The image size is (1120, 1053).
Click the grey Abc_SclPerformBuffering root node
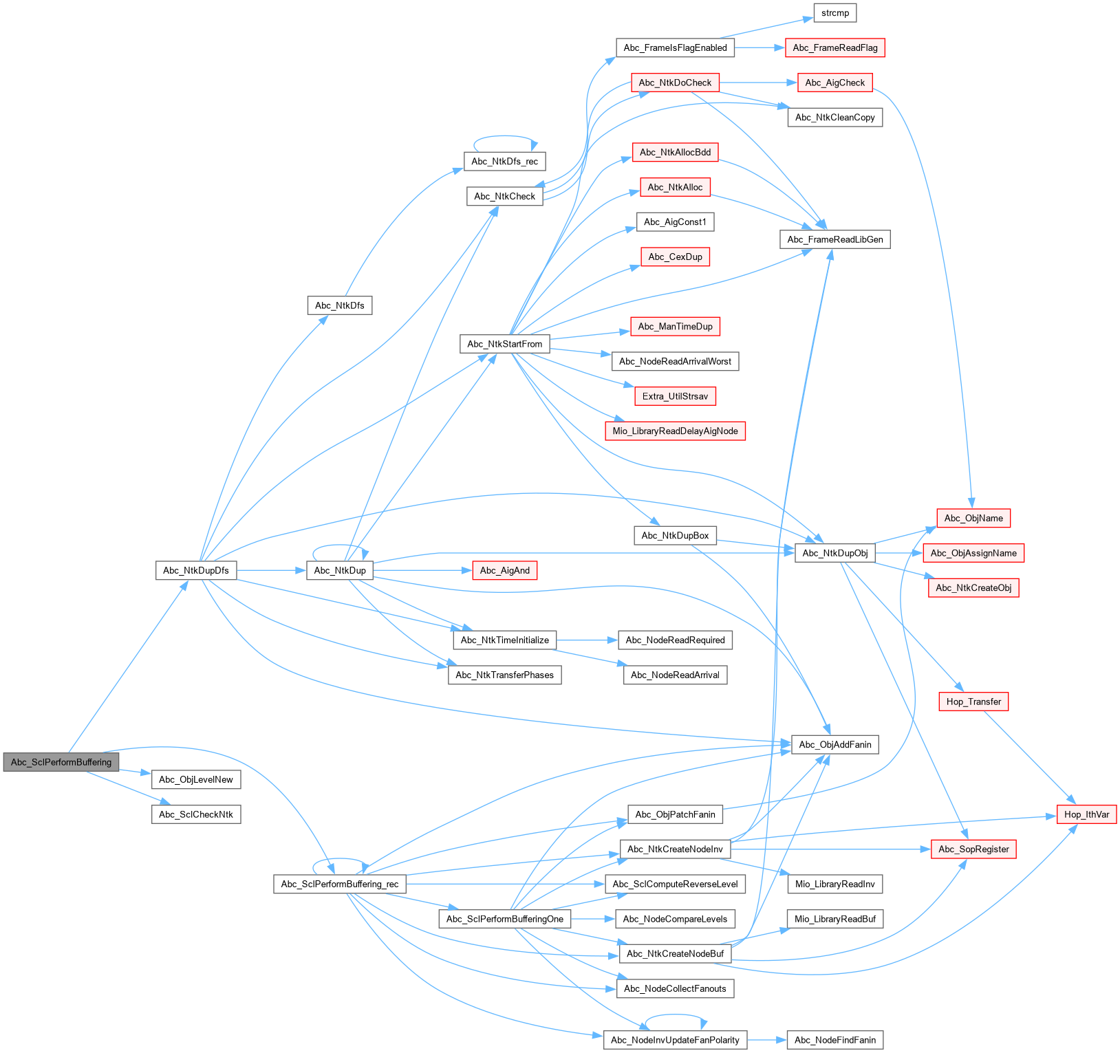click(x=61, y=762)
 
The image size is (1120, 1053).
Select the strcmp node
click(x=834, y=13)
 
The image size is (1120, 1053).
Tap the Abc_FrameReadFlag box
click(x=834, y=47)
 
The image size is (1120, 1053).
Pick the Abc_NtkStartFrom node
click(x=504, y=344)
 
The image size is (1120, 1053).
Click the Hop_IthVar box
click(x=1086, y=814)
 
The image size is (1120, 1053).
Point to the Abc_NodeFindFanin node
click(x=834, y=1040)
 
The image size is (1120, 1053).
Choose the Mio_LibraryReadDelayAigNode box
click(x=675, y=431)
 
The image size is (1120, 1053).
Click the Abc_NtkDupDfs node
click(x=196, y=570)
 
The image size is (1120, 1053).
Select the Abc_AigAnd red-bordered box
click(x=504, y=570)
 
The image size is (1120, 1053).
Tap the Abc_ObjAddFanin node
click(x=834, y=744)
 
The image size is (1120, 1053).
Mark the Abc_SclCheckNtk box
click(x=196, y=814)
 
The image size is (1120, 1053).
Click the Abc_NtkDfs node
click(x=339, y=305)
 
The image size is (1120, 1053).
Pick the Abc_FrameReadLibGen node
click(x=834, y=239)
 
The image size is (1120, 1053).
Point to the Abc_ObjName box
click(x=973, y=518)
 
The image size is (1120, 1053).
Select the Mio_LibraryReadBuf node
click(x=834, y=919)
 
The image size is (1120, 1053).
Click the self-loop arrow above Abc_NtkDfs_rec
click(x=504, y=137)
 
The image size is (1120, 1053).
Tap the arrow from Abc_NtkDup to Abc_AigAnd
click(x=422, y=570)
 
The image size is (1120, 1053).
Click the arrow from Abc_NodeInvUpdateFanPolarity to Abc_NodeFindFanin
click(x=766, y=1040)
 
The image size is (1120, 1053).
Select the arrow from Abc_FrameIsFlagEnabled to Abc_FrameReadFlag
click(x=760, y=47)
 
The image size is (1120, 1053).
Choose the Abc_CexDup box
click(x=675, y=257)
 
